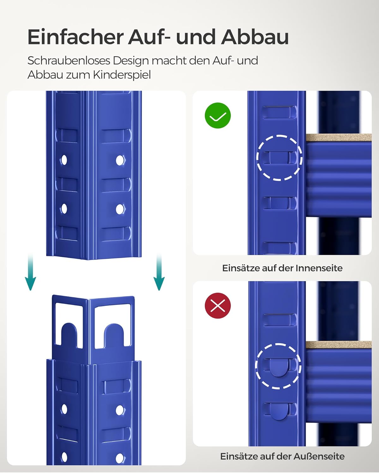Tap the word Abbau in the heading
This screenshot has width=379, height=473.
(255, 37)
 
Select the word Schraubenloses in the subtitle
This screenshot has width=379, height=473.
(68, 61)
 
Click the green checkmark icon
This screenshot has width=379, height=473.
(218, 116)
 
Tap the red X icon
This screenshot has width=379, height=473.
(218, 306)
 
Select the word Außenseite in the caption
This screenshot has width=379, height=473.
(319, 456)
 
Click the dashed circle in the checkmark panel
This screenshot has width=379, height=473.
(279, 158)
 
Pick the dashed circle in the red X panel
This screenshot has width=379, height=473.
(278, 366)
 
